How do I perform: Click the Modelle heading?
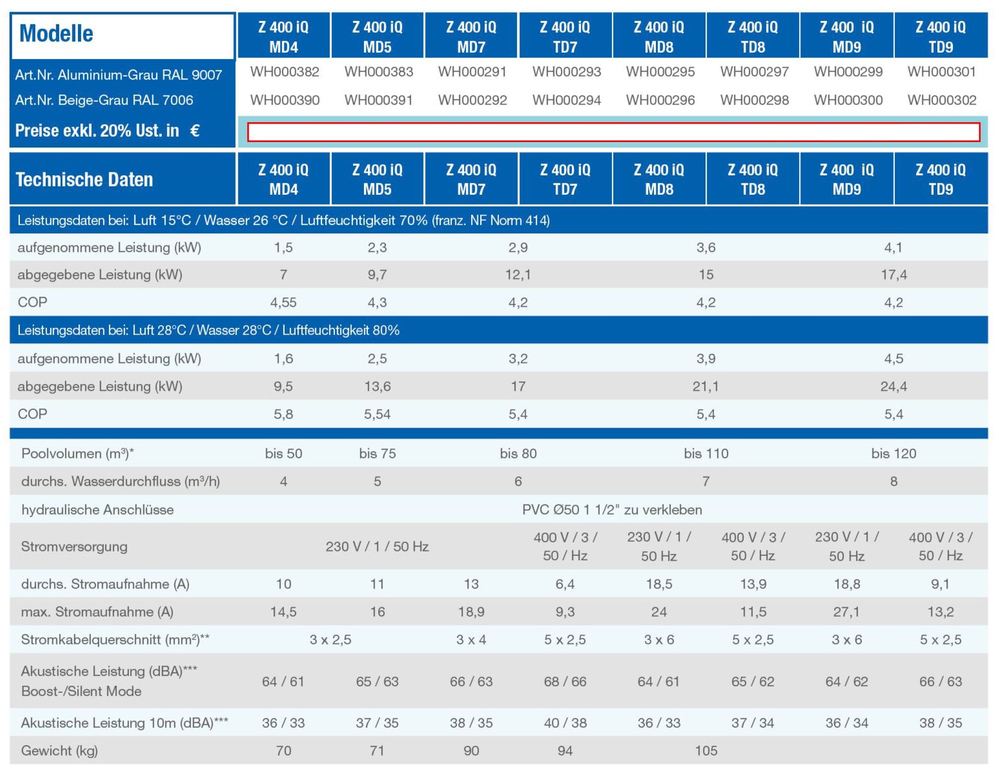(56, 34)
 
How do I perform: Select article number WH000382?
(285, 72)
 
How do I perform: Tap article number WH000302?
(941, 100)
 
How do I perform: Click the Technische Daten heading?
(84, 179)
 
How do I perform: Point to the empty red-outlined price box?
(613, 132)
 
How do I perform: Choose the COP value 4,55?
(284, 303)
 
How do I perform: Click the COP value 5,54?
(377, 414)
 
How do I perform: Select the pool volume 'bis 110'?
(706, 454)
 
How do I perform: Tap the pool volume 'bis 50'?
(284, 454)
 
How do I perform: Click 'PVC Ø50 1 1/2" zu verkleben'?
(612, 510)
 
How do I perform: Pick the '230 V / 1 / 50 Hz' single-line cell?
(377, 546)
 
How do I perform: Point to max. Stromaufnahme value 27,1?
(847, 612)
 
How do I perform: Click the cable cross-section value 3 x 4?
(471, 640)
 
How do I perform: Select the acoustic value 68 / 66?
(565, 682)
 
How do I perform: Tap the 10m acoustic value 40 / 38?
(565, 723)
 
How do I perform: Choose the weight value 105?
(706, 751)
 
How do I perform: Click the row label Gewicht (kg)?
(60, 751)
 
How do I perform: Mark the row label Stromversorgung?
(74, 546)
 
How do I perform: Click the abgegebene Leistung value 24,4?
(894, 386)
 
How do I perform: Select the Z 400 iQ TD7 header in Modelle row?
(565, 37)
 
